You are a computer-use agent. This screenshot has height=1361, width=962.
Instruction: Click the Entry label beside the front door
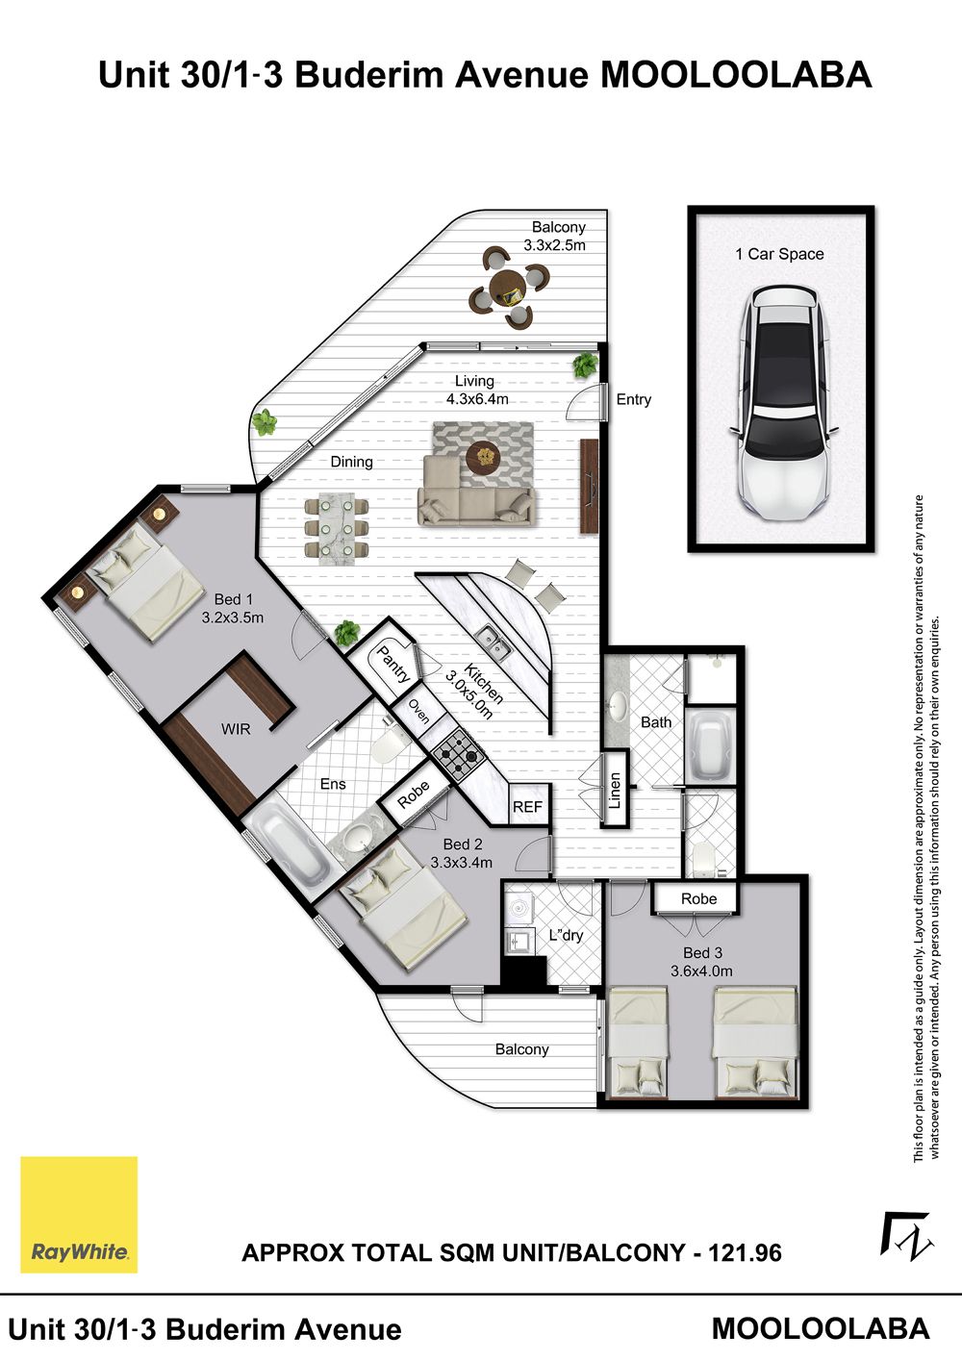pos(633,399)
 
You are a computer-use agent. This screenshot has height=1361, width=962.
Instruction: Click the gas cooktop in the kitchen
pos(459,756)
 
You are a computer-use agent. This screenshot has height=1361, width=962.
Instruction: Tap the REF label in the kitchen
pos(527,807)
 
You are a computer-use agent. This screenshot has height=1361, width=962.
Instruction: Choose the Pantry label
pos(393,665)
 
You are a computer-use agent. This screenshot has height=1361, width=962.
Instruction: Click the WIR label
pos(236,728)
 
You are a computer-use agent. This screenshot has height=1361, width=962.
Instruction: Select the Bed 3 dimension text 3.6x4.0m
pos(701,970)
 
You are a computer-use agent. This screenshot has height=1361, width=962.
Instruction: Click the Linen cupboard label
pos(615,791)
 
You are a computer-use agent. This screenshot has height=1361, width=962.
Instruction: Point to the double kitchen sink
pos(494,643)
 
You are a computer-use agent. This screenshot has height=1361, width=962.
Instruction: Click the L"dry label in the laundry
pos(566,935)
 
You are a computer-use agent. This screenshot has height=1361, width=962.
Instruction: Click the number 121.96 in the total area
pos(746,1253)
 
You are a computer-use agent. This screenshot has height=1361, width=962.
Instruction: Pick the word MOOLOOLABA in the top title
pos(737,75)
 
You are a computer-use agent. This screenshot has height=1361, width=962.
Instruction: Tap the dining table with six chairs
pos(337,527)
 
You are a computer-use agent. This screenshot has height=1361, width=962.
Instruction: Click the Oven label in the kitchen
pos(418,712)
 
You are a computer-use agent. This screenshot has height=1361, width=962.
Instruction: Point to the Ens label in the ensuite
pos(333,784)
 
